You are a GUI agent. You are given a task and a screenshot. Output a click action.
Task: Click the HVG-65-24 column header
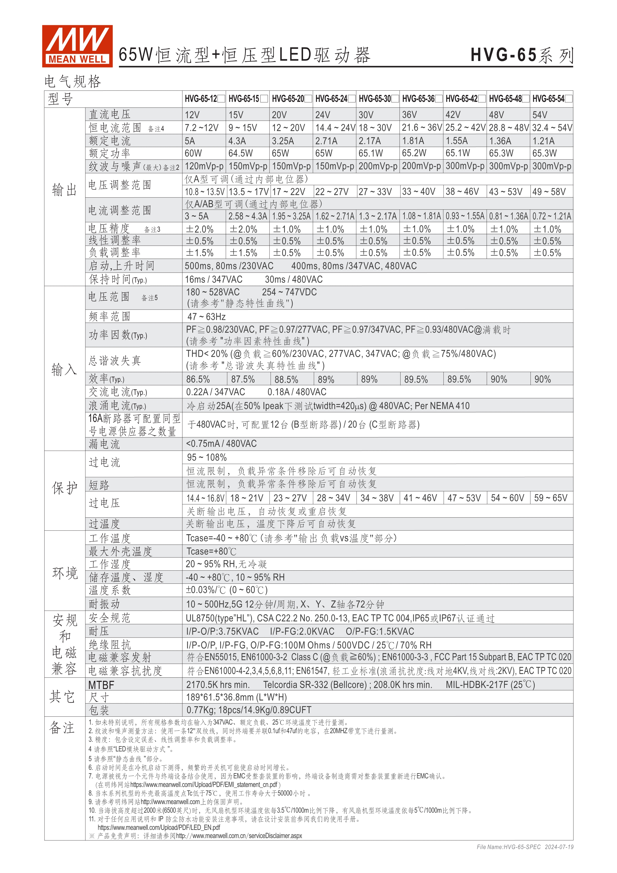(x=331, y=99)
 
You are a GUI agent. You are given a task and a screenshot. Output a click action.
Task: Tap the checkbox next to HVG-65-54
(x=568, y=99)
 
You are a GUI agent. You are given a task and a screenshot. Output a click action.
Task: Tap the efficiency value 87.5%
(x=243, y=379)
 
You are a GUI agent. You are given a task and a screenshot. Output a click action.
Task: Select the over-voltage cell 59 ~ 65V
(x=551, y=498)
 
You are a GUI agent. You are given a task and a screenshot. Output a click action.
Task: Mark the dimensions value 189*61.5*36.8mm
(x=236, y=697)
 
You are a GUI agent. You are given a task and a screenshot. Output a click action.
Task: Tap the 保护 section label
(x=65, y=488)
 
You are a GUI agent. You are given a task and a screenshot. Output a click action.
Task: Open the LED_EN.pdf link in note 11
(x=159, y=827)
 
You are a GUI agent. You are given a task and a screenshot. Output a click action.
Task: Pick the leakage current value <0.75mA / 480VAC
(x=221, y=443)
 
